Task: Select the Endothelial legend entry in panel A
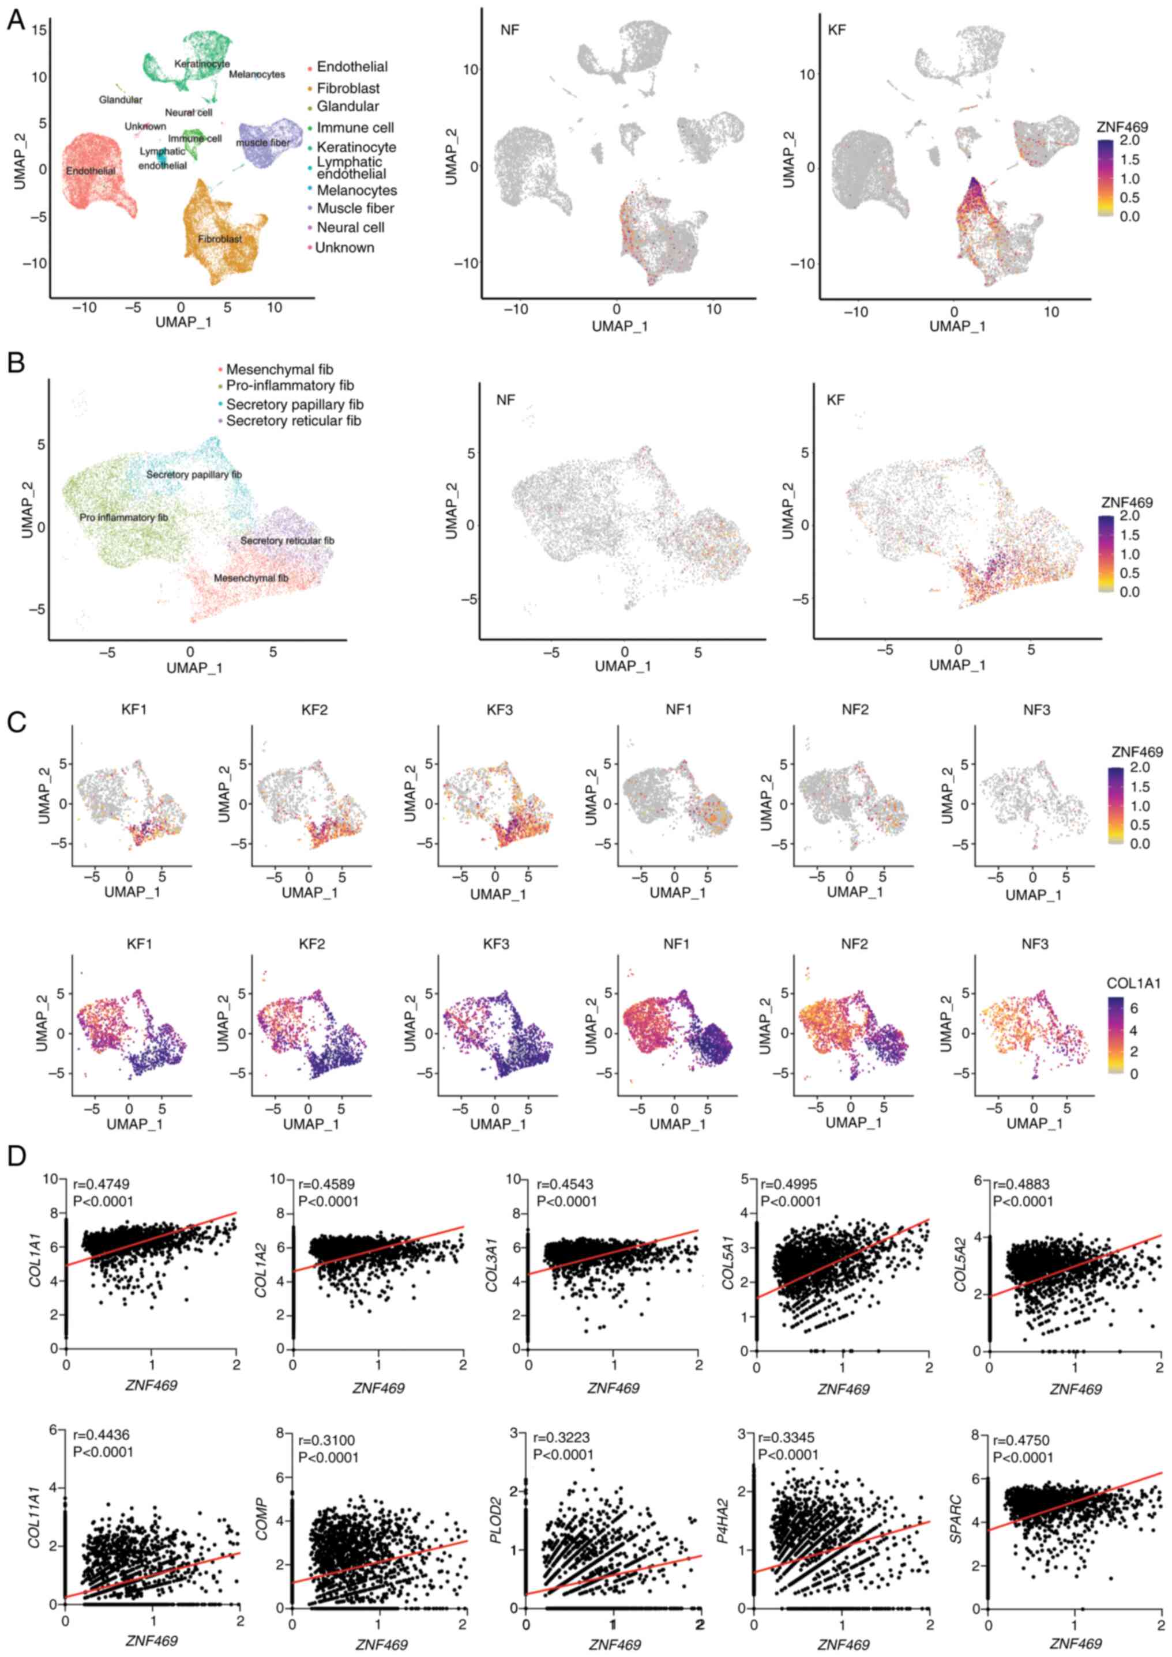(x=352, y=67)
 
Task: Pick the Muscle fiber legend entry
(x=355, y=209)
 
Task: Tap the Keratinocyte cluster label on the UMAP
(x=201, y=64)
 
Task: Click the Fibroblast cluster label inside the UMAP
(x=220, y=239)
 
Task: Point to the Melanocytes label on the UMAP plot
(x=257, y=74)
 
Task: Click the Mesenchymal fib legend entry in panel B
(x=280, y=369)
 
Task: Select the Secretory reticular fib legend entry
(x=293, y=421)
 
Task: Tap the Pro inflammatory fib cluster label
(x=123, y=518)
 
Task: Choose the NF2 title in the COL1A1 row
(x=854, y=944)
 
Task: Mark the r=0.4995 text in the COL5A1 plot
(x=790, y=1184)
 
